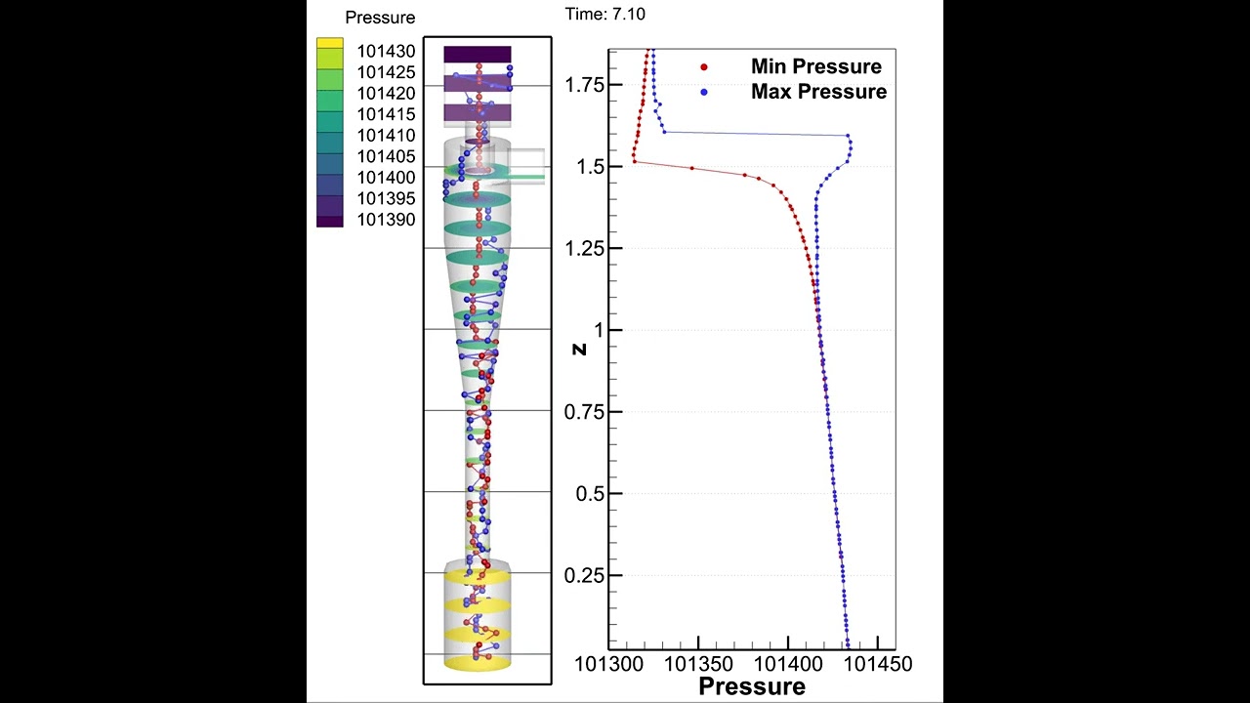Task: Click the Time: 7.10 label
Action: point(604,15)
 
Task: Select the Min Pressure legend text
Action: point(815,66)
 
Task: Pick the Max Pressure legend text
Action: point(818,92)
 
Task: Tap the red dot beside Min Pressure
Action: point(704,67)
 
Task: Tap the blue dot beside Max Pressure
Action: point(704,92)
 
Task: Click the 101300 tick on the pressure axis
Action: point(607,664)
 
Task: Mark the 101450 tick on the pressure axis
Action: point(880,664)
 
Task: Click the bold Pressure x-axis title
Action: point(752,686)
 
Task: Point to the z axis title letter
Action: point(579,348)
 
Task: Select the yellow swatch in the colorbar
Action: point(330,44)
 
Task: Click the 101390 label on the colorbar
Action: point(386,220)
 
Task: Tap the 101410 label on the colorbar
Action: point(386,136)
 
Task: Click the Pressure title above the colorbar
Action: point(380,18)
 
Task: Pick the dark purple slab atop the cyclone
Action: point(478,54)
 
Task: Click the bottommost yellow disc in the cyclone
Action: point(478,663)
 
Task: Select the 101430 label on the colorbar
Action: point(386,51)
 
